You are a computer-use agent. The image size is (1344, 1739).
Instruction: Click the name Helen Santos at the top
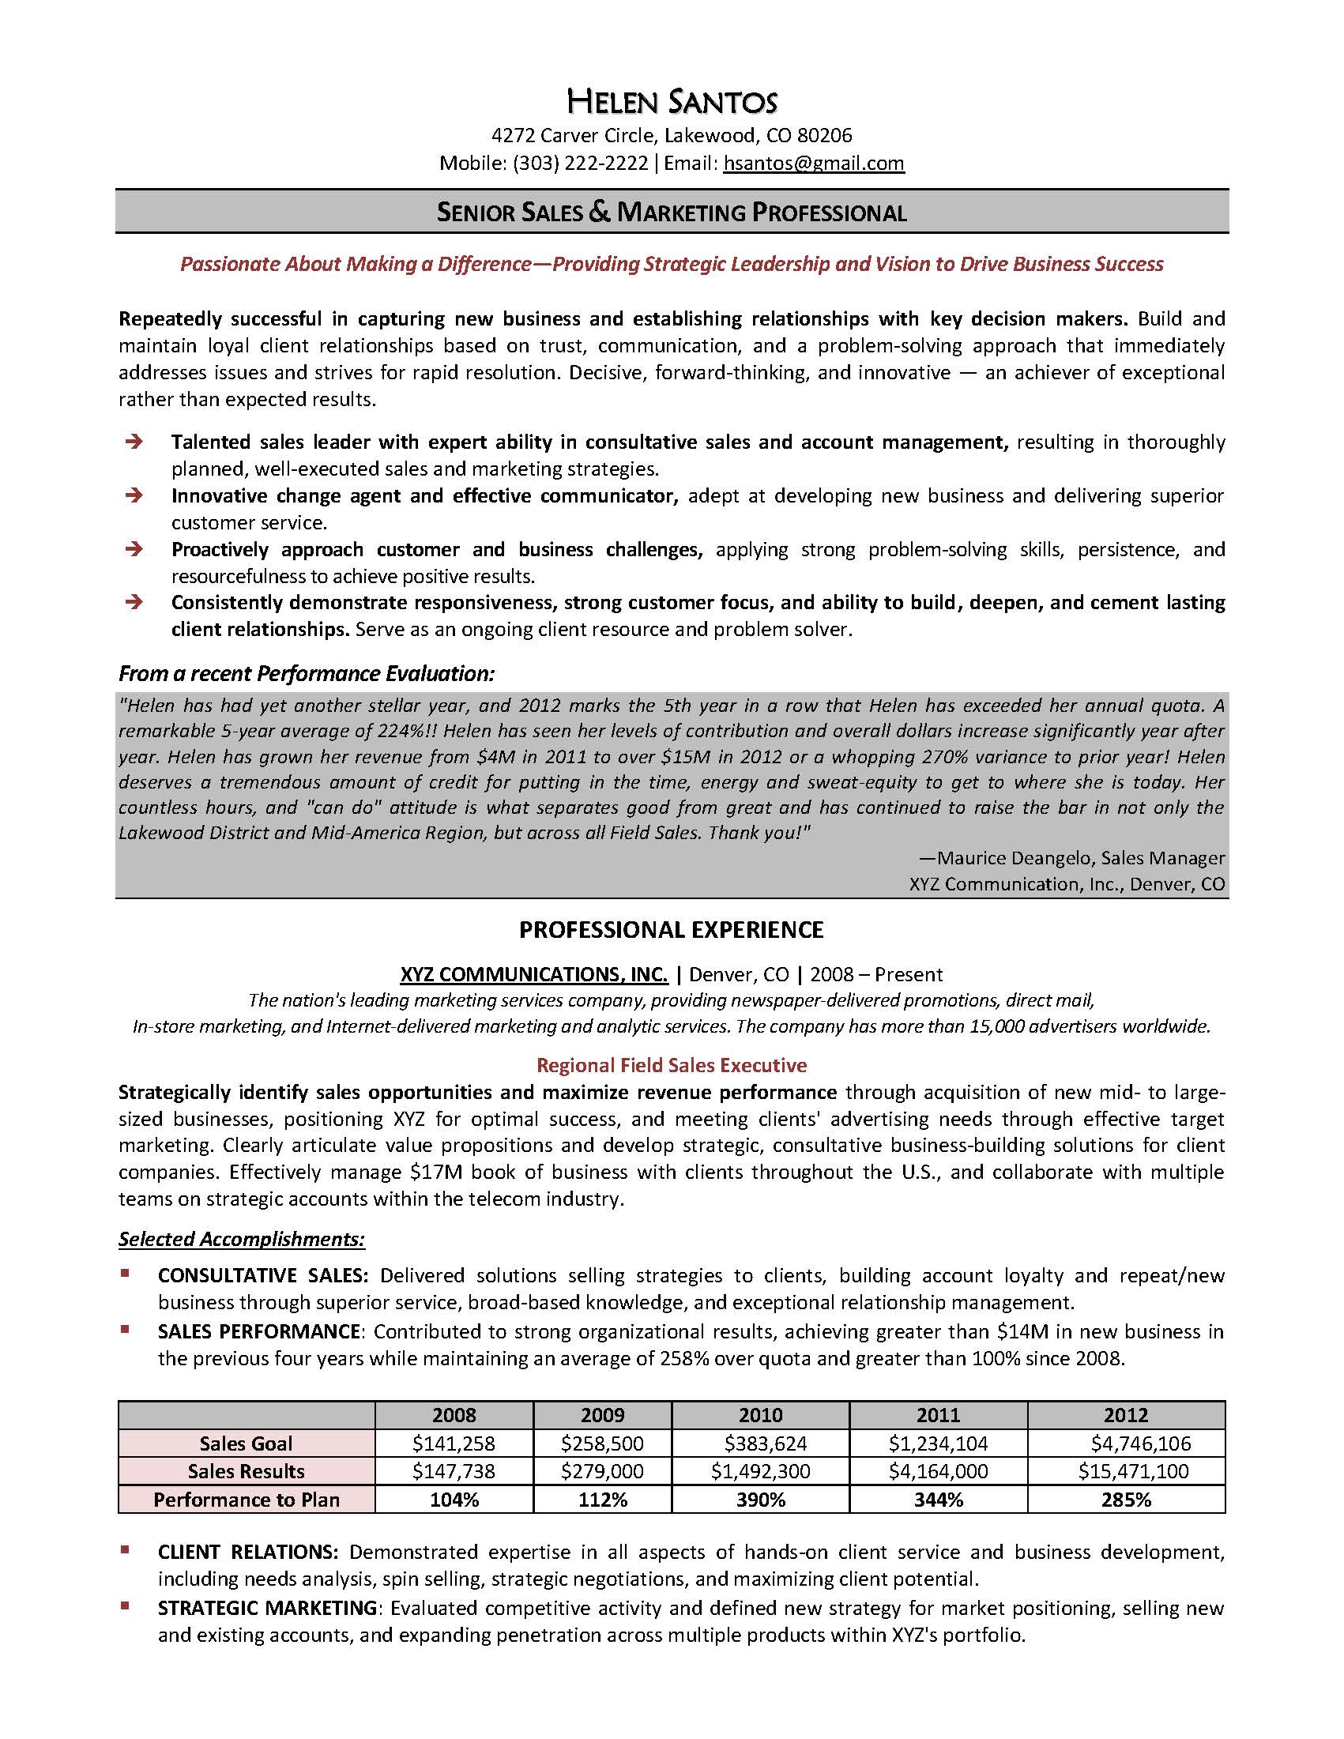click(671, 101)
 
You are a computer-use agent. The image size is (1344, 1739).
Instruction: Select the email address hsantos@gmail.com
click(813, 164)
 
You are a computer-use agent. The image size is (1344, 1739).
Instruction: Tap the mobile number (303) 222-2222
click(581, 164)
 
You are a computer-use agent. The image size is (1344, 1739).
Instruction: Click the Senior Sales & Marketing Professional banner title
click(671, 212)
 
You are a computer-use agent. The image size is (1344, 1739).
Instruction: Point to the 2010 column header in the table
click(759, 1415)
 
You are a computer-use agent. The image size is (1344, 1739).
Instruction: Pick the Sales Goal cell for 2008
click(453, 1443)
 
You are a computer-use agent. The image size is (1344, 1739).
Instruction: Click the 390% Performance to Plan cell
click(759, 1500)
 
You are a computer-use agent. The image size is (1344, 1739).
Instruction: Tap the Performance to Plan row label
click(246, 1500)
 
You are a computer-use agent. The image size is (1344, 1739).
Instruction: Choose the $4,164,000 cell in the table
click(938, 1470)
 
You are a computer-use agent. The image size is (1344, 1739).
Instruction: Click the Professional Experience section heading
click(671, 929)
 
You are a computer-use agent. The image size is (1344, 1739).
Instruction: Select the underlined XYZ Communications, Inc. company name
click(533, 974)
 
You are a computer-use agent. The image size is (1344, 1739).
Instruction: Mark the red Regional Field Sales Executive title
click(671, 1064)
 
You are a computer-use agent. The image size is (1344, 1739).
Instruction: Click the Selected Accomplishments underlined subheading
click(241, 1239)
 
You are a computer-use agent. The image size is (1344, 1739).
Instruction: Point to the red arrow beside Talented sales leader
click(134, 441)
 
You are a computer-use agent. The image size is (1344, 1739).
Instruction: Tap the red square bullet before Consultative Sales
click(125, 1274)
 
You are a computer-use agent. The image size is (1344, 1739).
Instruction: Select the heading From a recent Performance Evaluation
click(307, 674)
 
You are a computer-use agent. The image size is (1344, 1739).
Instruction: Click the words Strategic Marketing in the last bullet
click(267, 1608)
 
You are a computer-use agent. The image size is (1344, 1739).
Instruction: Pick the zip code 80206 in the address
click(824, 135)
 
